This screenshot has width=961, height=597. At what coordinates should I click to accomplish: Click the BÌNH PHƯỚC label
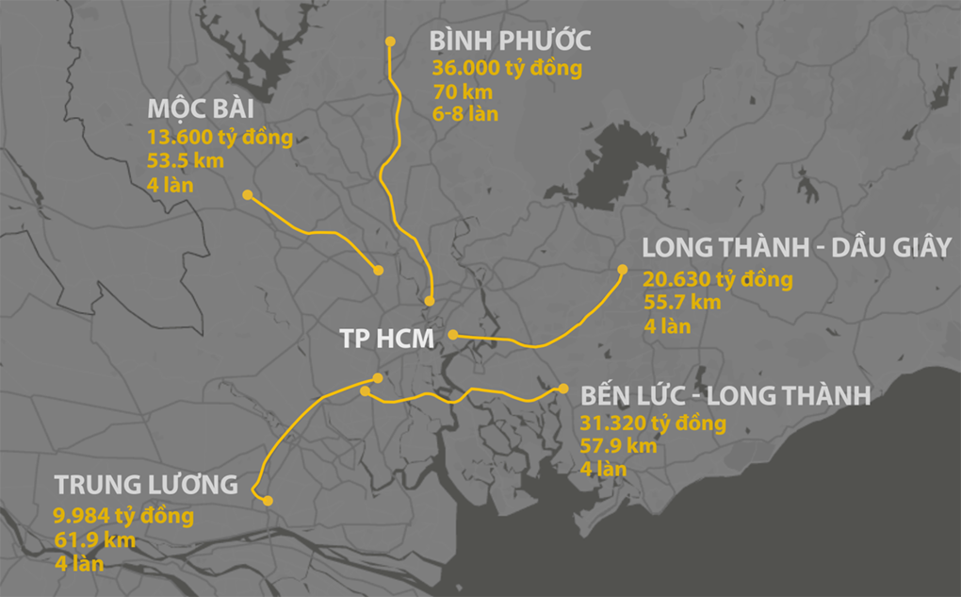(x=510, y=41)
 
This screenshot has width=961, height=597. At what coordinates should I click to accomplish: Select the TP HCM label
(x=386, y=340)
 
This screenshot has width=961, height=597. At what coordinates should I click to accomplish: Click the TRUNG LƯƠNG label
(x=146, y=486)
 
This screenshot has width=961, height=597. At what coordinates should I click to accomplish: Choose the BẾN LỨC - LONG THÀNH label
(x=725, y=395)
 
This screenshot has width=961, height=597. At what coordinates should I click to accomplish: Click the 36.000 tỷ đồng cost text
(x=507, y=69)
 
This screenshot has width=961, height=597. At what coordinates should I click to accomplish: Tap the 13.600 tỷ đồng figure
(x=220, y=138)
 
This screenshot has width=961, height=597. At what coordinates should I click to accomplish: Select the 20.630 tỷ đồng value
(x=718, y=280)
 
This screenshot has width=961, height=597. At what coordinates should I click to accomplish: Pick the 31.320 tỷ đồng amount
(x=653, y=423)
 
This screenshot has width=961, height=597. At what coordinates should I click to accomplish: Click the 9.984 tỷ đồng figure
(x=124, y=517)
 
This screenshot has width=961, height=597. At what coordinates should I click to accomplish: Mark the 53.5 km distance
(x=186, y=161)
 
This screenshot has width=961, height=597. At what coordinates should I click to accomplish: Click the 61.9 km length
(x=95, y=541)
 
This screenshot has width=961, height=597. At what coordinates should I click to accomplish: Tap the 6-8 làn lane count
(x=465, y=114)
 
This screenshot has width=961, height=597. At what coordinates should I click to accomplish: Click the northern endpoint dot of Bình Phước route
(x=390, y=41)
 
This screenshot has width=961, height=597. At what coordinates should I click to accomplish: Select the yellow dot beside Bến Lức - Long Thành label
(x=562, y=389)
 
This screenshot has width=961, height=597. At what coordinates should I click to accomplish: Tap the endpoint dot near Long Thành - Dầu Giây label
(x=622, y=270)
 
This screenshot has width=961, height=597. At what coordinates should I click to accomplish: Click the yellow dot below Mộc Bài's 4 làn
(x=247, y=195)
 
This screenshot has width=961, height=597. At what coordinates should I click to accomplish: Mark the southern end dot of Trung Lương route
(x=268, y=501)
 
